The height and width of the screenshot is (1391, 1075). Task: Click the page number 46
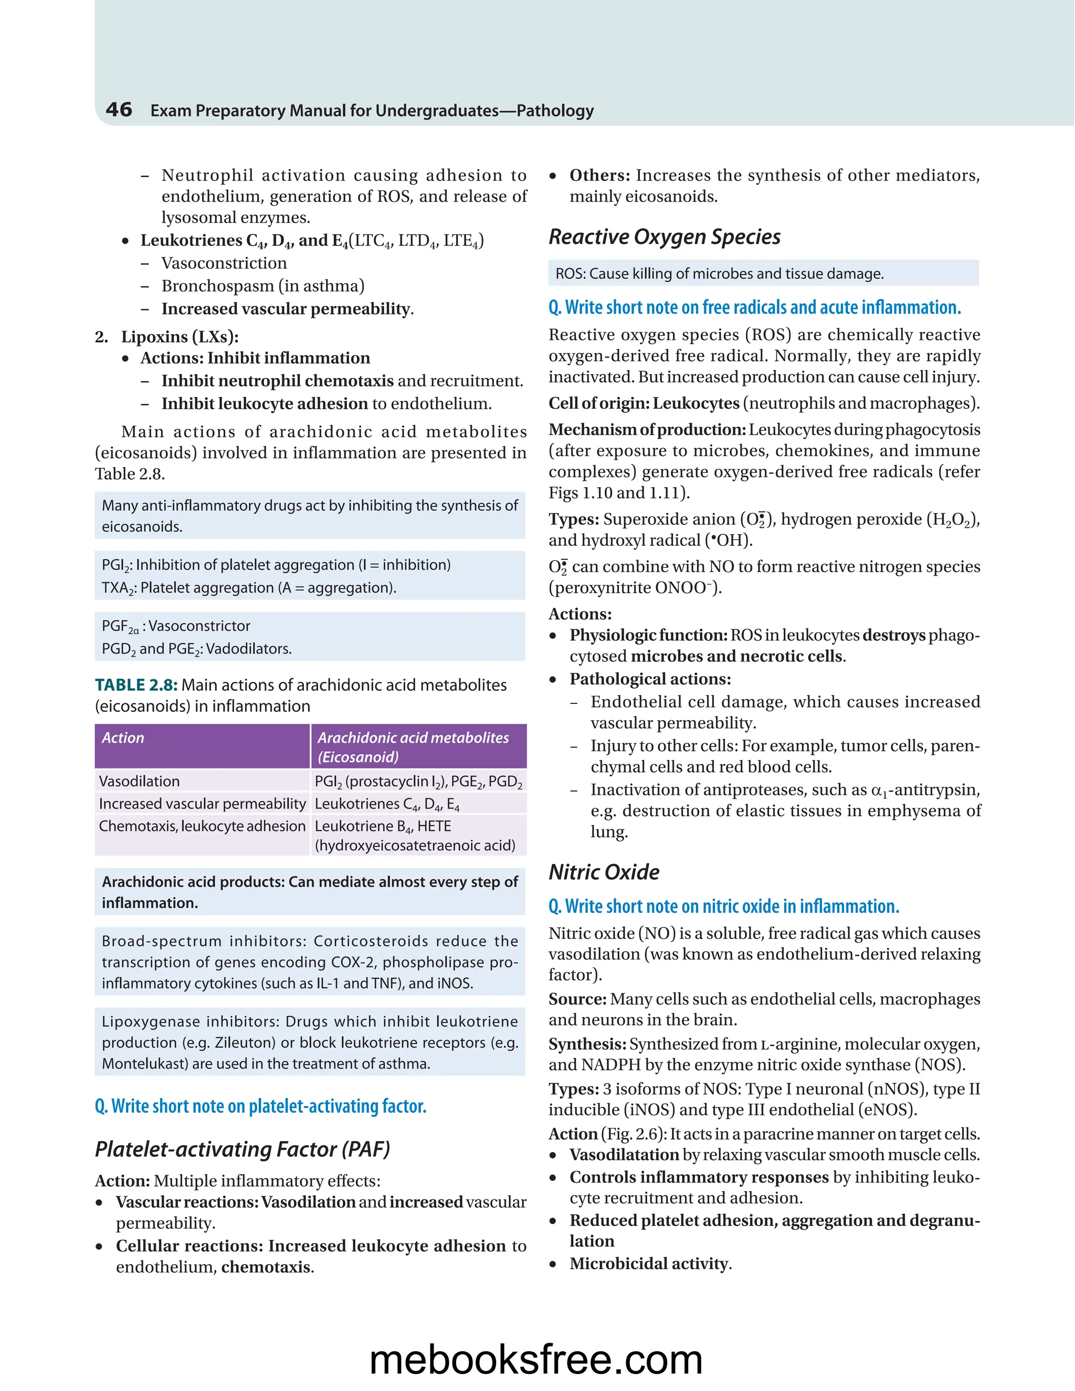[119, 110]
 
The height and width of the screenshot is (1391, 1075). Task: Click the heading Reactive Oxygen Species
[664, 237]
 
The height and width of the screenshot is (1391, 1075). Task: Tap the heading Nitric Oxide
[604, 872]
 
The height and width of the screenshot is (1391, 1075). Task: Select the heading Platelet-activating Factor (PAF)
[242, 1149]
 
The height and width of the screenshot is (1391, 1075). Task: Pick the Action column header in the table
[123, 737]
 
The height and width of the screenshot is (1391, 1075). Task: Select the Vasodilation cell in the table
[140, 781]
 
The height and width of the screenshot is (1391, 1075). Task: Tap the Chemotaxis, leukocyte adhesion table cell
[202, 826]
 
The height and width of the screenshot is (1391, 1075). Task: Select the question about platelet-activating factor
[260, 1107]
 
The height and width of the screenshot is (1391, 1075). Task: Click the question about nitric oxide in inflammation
[724, 907]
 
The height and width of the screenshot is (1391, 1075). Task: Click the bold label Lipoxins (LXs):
[180, 336]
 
